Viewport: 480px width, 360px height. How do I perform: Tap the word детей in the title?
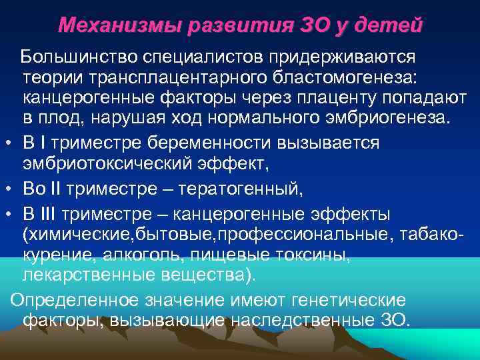point(392,25)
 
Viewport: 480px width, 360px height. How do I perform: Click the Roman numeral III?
point(52,215)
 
